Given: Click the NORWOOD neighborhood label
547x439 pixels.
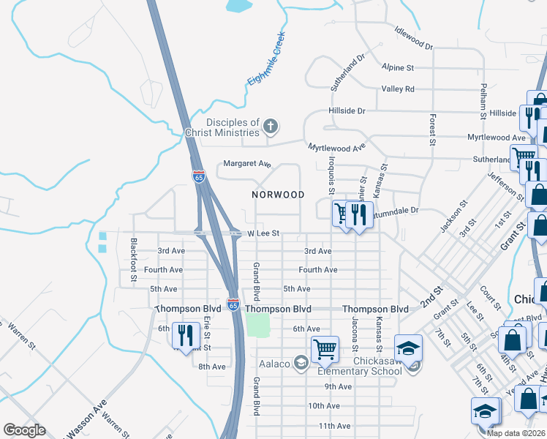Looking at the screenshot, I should point(278,195).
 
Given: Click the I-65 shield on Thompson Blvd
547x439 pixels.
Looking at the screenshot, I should point(233,304).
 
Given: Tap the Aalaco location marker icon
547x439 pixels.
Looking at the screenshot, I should point(301,362).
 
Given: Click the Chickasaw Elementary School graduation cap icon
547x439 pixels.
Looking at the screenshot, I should point(408,348).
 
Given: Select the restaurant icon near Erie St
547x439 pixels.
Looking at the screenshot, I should point(186,335).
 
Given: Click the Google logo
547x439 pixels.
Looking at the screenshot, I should point(24,430).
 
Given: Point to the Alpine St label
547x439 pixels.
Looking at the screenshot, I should point(398,67).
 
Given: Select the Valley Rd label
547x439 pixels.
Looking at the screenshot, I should point(398,89).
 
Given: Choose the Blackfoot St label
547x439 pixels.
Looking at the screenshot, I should point(134,259).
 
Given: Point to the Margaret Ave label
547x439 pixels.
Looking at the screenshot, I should point(247,164).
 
